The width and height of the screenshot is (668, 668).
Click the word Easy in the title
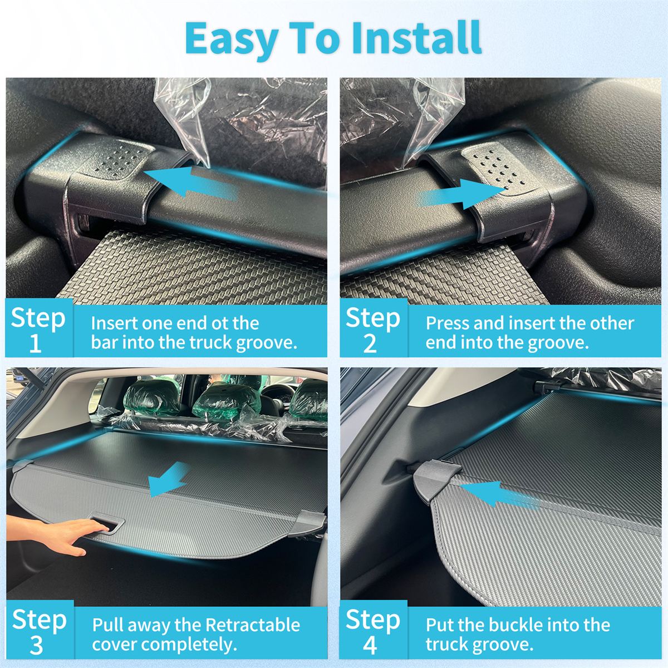point(232,41)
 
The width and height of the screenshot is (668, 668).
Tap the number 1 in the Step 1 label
point(36,343)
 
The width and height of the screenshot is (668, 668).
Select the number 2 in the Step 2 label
point(370,343)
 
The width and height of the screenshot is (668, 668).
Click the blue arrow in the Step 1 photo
point(191,183)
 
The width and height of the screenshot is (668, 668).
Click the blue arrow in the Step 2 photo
point(461,194)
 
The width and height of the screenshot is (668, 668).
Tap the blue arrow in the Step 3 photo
point(168,479)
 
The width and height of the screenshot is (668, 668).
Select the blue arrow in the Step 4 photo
point(499,494)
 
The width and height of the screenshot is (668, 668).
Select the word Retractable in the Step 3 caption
point(253,625)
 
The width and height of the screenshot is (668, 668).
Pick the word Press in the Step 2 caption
point(448,323)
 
